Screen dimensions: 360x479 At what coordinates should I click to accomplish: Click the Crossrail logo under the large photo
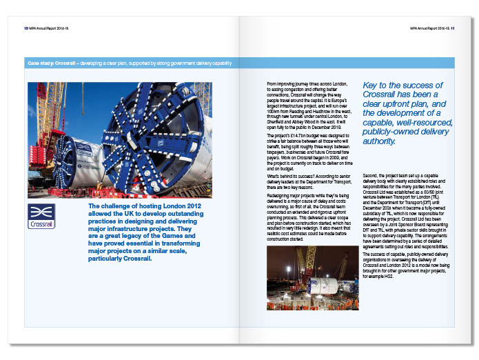[41, 215]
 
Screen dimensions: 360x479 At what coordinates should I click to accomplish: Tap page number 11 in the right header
[452, 29]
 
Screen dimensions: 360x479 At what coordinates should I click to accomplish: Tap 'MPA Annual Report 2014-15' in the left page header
[52, 29]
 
